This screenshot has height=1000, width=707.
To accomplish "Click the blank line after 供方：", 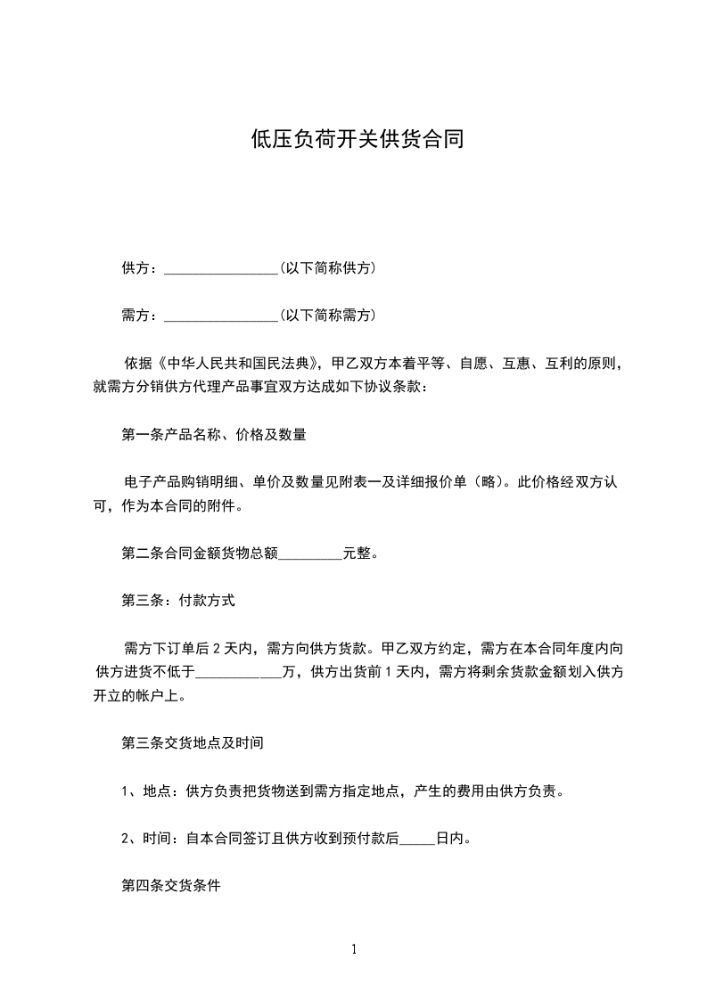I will (222, 267).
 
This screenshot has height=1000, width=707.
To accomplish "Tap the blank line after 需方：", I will (222, 315).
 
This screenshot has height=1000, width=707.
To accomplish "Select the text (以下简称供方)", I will (327, 267).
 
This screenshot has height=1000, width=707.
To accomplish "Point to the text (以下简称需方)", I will (327, 315).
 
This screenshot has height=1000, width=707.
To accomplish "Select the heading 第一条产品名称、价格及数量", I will (214, 435).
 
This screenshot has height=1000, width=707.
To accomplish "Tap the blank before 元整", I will (310, 553).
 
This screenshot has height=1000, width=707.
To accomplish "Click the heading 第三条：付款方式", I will (177, 602).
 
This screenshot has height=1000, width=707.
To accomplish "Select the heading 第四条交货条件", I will (170, 887).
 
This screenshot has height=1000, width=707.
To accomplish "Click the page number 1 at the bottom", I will (354, 949).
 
